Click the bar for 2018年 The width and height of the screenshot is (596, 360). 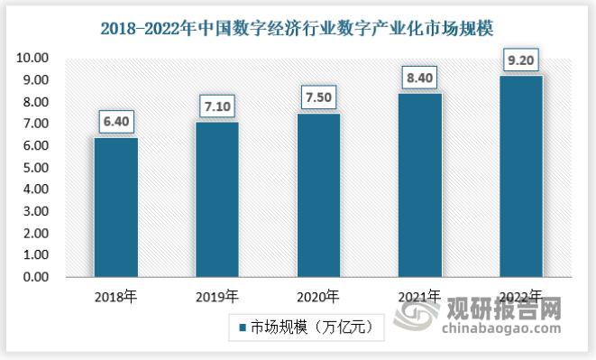116,208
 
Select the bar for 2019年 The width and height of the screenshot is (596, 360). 217,199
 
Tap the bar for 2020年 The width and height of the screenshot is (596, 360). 318,195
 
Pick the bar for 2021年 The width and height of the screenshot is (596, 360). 419,185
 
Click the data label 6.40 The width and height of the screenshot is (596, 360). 116,121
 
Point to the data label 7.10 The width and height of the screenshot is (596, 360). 217,106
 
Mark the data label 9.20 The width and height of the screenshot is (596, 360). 520,60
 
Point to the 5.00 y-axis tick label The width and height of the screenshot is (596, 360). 33,168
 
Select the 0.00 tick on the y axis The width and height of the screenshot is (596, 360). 33,277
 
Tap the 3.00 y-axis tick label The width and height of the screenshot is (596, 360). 33,212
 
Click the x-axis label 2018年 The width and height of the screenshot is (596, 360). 116,295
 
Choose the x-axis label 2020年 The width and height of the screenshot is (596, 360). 318,295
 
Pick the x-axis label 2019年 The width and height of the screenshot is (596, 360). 217,295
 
